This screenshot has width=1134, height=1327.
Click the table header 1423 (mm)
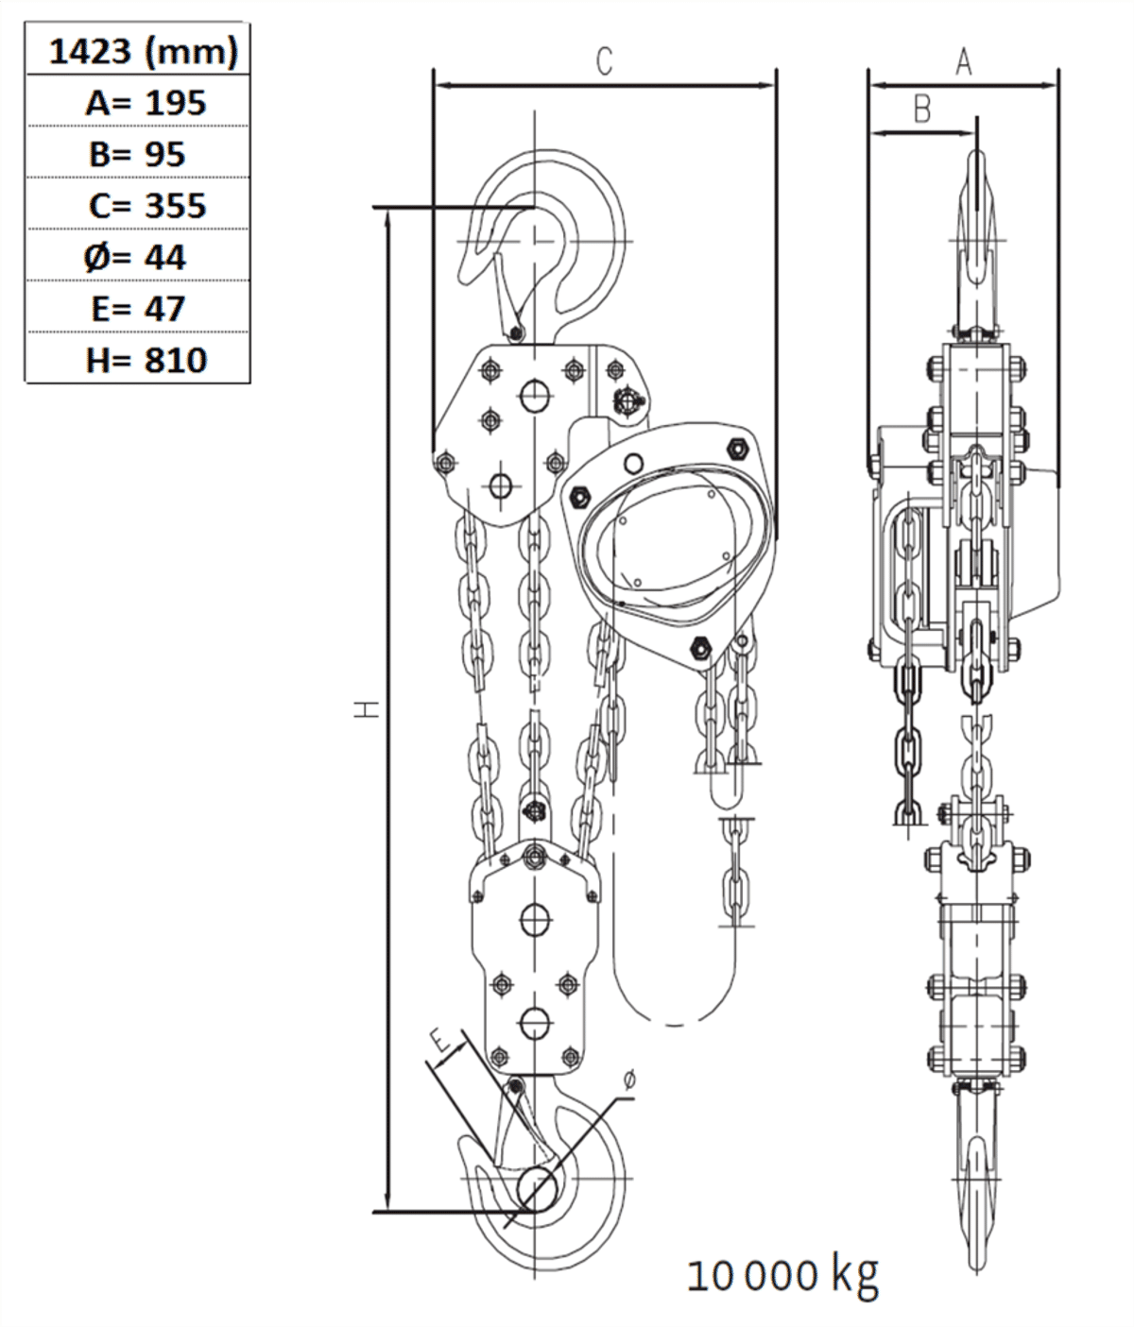tap(142, 51)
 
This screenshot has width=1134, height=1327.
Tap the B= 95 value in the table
tap(138, 154)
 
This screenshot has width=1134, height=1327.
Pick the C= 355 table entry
tap(146, 205)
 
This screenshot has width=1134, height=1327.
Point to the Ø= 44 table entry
tap(136, 257)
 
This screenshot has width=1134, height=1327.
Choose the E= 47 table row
tap(138, 308)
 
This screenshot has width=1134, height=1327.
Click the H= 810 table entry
tap(146, 360)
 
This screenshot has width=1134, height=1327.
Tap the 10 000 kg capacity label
tap(782, 1275)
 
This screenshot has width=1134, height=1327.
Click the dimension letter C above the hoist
tap(605, 61)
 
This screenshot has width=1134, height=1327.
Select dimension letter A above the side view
tap(963, 62)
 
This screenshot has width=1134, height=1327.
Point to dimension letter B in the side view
tap(922, 110)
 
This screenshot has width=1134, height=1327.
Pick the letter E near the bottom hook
tap(440, 1042)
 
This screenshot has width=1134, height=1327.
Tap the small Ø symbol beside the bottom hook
tap(630, 1080)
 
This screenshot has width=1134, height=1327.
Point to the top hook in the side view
tap(977, 236)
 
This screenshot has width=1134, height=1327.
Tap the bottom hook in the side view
tap(976, 1171)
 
